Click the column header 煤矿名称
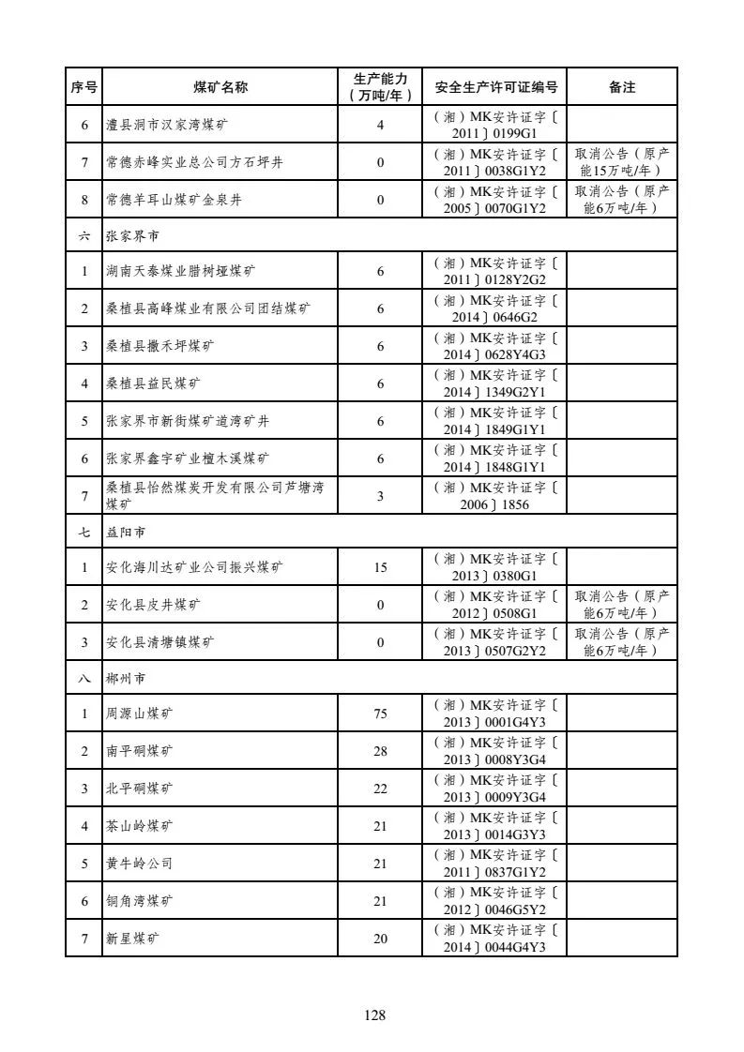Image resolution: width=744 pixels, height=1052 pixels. (x=220, y=87)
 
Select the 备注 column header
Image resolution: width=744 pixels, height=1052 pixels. (x=621, y=87)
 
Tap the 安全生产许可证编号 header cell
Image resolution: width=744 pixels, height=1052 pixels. (x=495, y=87)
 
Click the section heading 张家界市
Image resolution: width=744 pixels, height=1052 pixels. (x=132, y=237)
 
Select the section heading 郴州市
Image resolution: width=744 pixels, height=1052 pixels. (x=126, y=677)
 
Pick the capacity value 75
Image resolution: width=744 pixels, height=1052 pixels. (x=380, y=714)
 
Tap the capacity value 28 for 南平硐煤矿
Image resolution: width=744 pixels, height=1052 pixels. (x=380, y=751)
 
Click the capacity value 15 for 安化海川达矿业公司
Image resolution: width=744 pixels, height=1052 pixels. (x=380, y=567)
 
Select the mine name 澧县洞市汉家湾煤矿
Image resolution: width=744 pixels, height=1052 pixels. (x=166, y=125)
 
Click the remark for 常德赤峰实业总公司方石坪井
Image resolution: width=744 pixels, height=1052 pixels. (x=621, y=162)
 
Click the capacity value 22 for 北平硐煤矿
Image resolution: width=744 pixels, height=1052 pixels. (x=380, y=789)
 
